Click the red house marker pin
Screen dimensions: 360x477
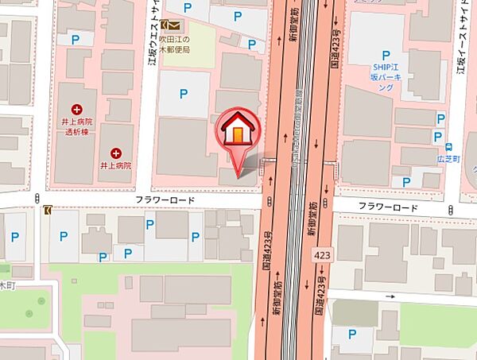click(x=238, y=132)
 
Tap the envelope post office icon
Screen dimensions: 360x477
click(x=168, y=25)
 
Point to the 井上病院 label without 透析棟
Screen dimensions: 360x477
click(x=116, y=165)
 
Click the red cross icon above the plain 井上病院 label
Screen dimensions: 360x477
click(x=116, y=152)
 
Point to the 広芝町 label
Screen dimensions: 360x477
click(x=451, y=161)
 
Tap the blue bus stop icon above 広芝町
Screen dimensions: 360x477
click(x=450, y=147)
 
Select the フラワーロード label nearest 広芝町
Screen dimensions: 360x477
click(x=388, y=207)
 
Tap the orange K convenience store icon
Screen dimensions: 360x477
click(x=48, y=210)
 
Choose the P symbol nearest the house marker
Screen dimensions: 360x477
click(x=184, y=94)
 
